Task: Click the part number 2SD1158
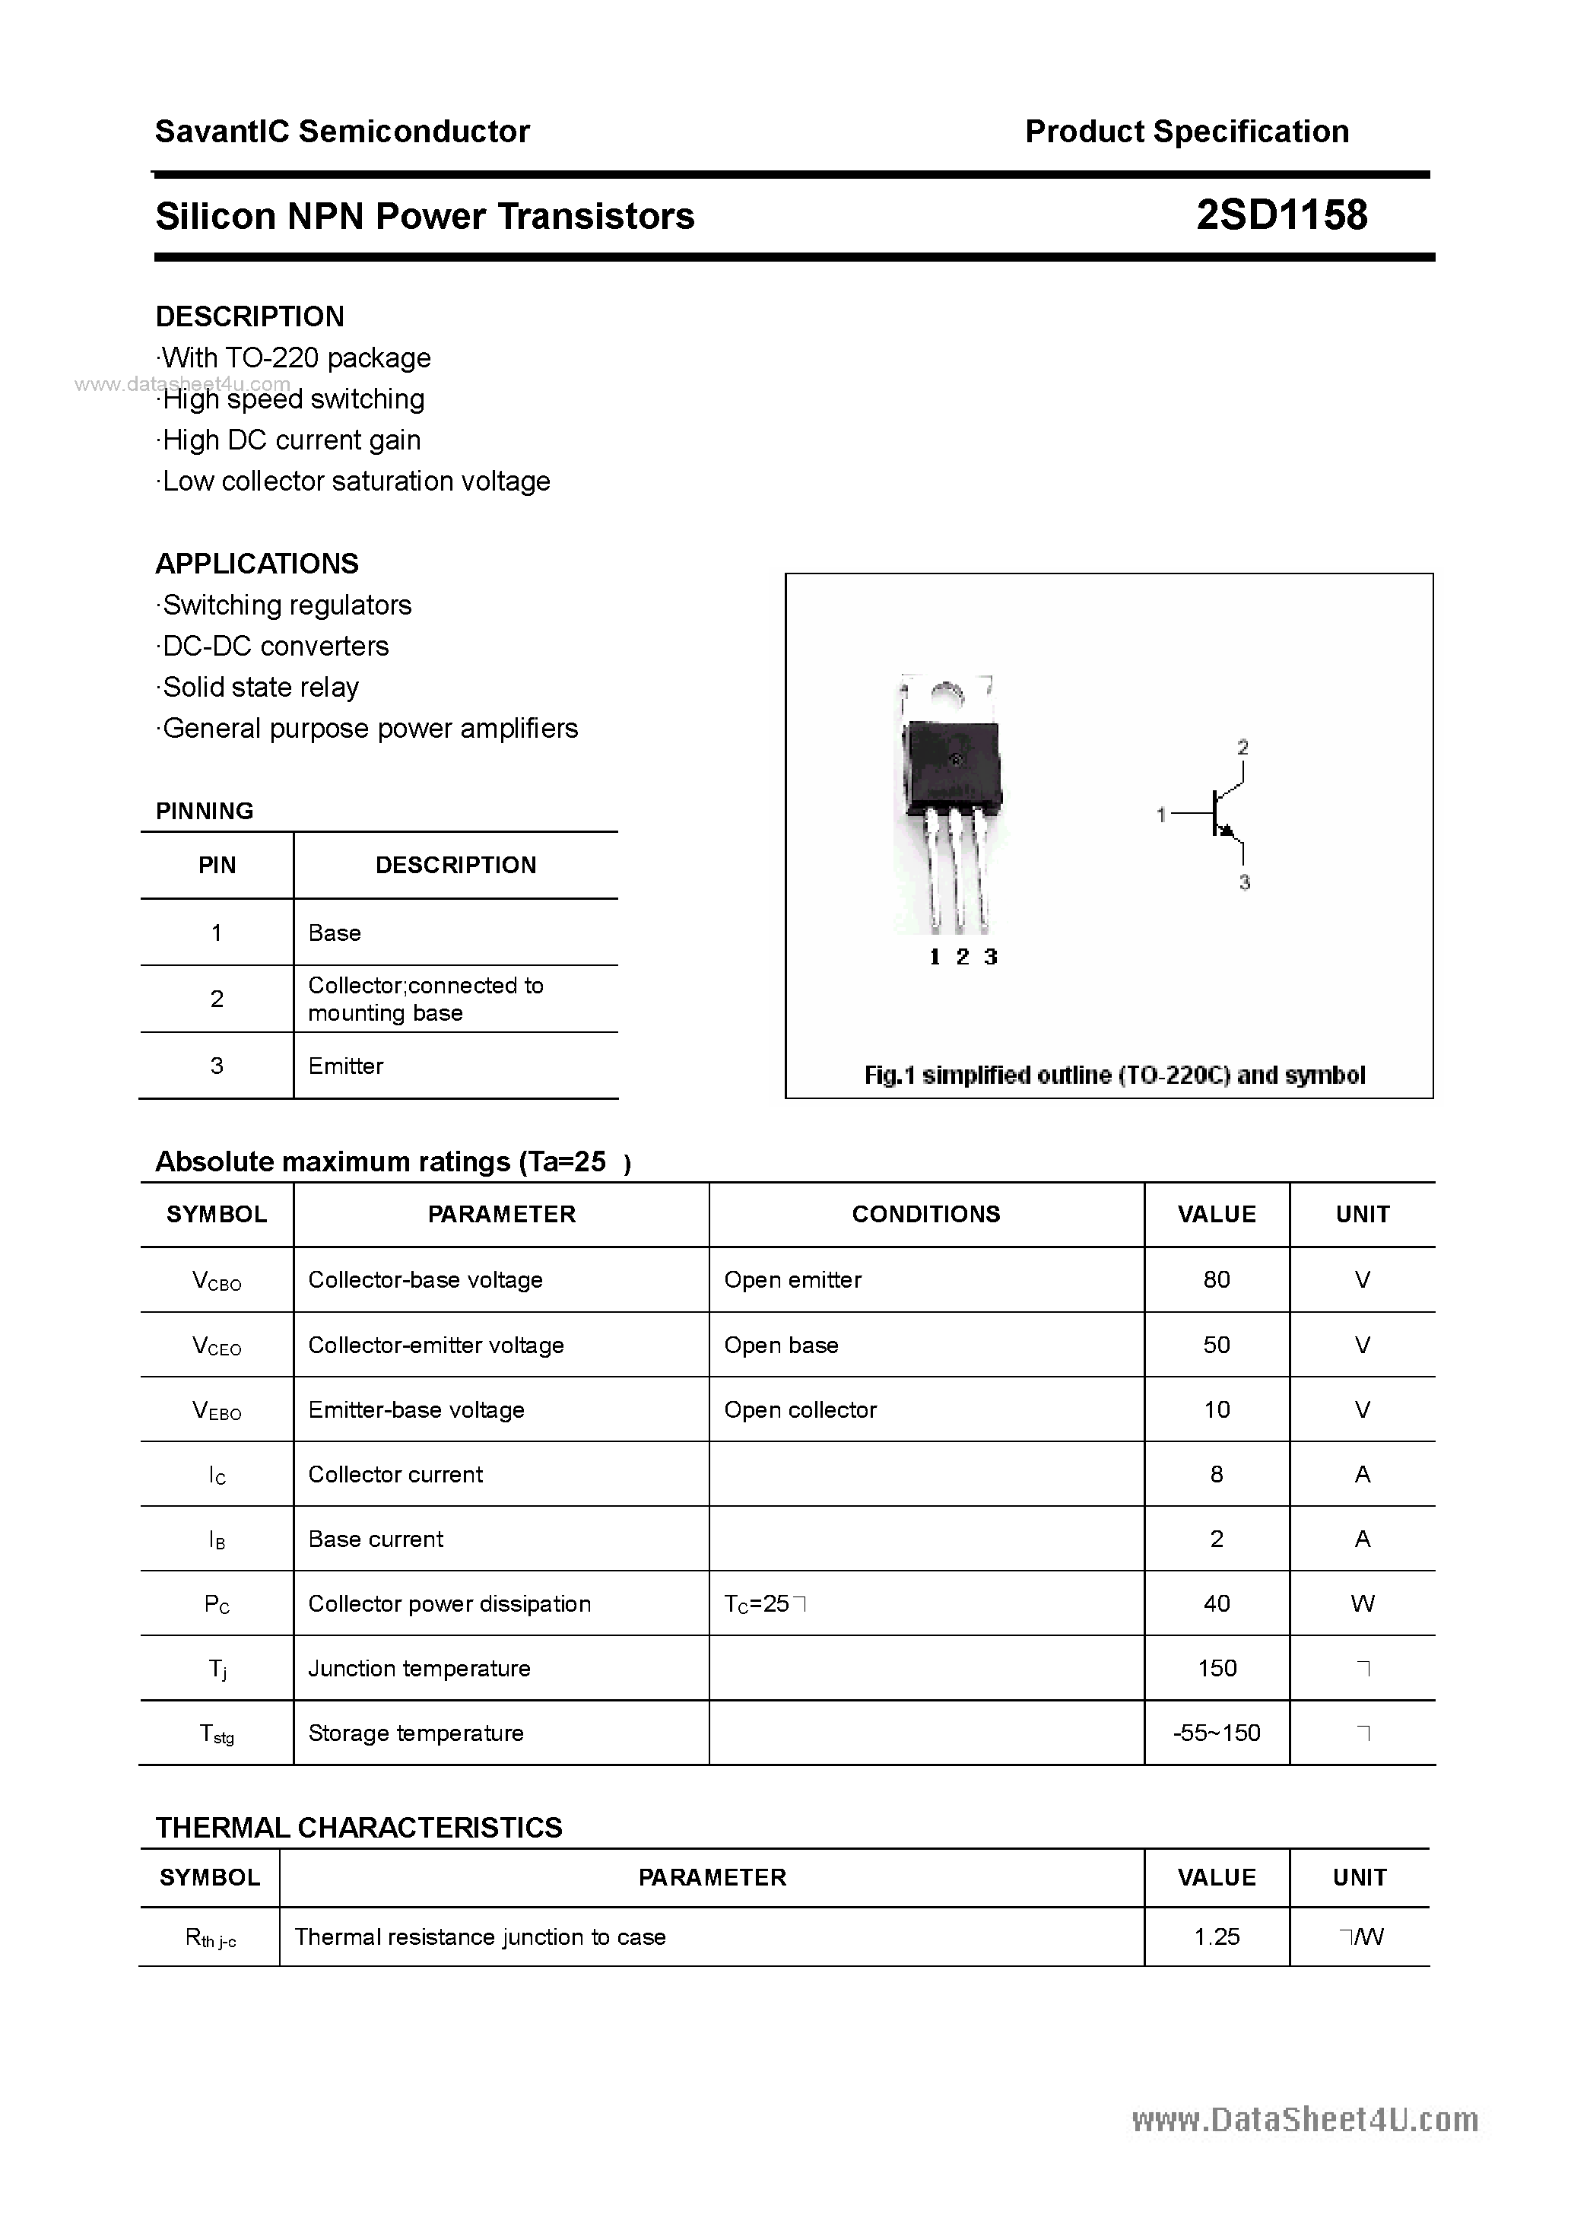point(1281,215)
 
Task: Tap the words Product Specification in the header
point(1186,132)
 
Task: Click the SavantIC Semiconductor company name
point(342,132)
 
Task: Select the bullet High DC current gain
point(290,440)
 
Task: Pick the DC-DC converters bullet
point(275,646)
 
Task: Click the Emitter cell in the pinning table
point(346,1066)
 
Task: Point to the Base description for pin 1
point(334,932)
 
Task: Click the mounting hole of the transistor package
point(946,694)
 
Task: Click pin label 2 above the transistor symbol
point(1243,747)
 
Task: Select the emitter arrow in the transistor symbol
point(1228,830)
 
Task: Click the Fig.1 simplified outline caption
point(1114,1075)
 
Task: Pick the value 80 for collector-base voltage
point(1217,1279)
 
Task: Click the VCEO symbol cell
point(217,1346)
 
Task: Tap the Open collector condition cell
point(800,1409)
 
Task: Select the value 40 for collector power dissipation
point(1217,1603)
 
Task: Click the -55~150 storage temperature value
point(1217,1733)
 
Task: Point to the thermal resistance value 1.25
point(1217,1936)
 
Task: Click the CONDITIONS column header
point(926,1214)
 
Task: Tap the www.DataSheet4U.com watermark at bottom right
point(1305,2121)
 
